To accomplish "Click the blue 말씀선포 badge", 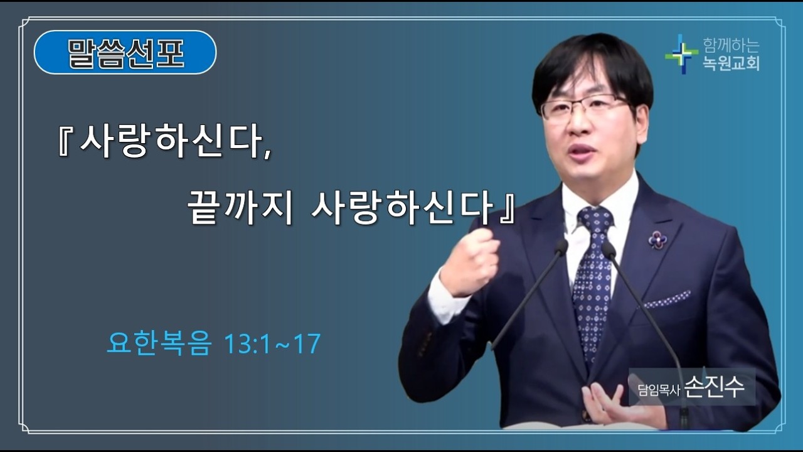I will (x=125, y=53).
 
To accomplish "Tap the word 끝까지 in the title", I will (x=240, y=210).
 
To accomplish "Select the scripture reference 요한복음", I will (x=158, y=344).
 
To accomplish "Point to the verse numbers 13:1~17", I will (x=272, y=344).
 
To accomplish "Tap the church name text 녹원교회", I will (x=731, y=63).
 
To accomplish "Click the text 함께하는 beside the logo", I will (x=731, y=45).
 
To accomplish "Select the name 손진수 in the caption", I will (x=715, y=387).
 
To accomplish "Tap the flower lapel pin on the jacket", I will (x=657, y=239).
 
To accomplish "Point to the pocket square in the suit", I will (x=667, y=300).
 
